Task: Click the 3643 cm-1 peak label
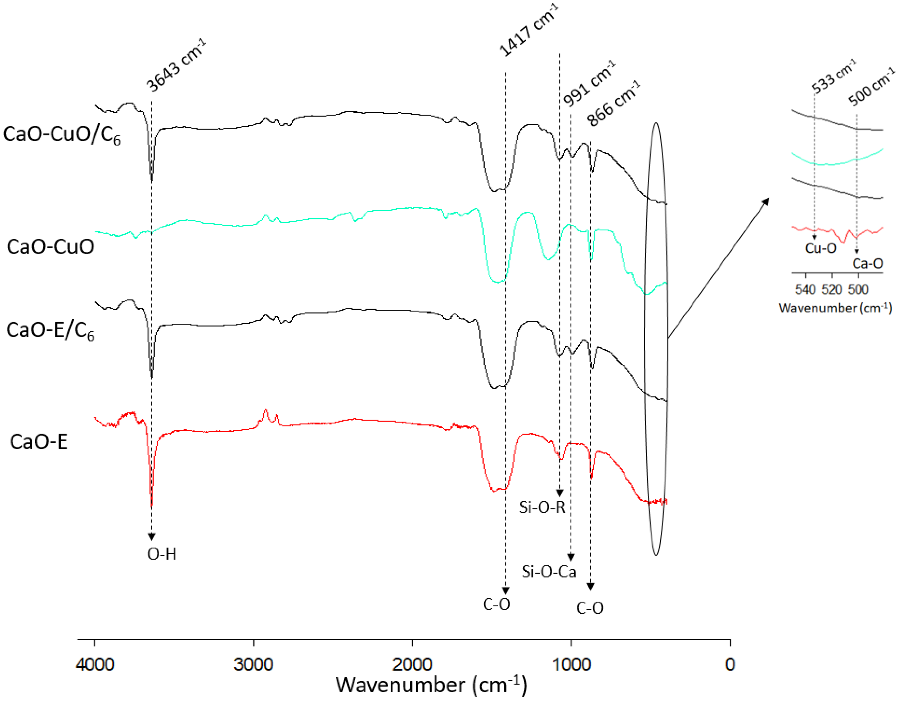(x=176, y=66)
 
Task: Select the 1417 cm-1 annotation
(x=529, y=30)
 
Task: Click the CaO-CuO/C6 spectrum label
(x=62, y=135)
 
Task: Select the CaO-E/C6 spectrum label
(x=50, y=331)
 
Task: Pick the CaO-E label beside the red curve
(x=39, y=442)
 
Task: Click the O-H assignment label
(x=162, y=554)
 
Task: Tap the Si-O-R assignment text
(x=542, y=507)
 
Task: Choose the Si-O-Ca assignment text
(x=549, y=572)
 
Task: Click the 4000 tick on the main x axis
(x=95, y=665)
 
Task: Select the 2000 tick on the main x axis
(x=412, y=665)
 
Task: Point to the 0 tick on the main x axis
(x=730, y=665)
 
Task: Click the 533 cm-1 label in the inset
(x=834, y=77)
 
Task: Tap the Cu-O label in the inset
(x=821, y=248)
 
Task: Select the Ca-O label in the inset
(x=867, y=263)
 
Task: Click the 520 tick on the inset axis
(x=832, y=289)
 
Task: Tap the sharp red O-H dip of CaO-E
(x=152, y=503)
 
